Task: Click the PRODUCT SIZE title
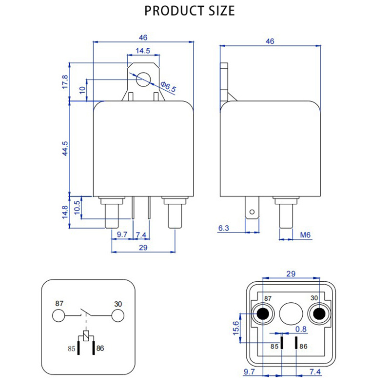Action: pos(190,10)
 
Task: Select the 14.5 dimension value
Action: pos(143,50)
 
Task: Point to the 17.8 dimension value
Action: pos(65,81)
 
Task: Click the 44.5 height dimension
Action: pos(65,148)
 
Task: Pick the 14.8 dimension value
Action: pos(65,212)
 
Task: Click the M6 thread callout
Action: pos(305,235)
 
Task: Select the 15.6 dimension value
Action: pos(236,327)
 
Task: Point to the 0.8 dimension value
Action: pos(301,329)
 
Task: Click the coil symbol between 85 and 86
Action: pos(86,336)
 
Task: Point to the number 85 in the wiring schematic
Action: pos(72,349)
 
